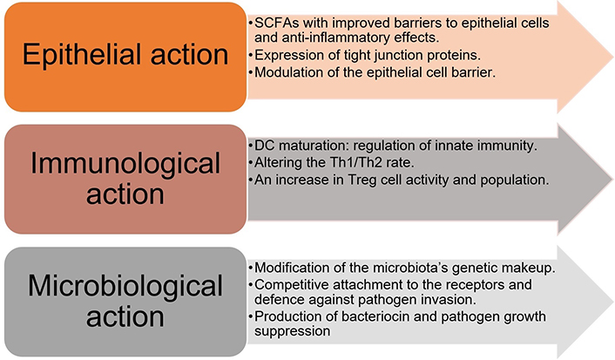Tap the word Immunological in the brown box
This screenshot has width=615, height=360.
click(x=125, y=164)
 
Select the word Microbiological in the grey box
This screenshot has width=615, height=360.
click(x=125, y=286)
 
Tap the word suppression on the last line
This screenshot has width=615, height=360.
click(x=292, y=331)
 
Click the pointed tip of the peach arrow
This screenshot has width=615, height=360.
click(x=613, y=58)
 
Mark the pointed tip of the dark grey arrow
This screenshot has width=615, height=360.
click(x=613, y=180)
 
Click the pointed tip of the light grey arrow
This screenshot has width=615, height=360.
click(x=613, y=302)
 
